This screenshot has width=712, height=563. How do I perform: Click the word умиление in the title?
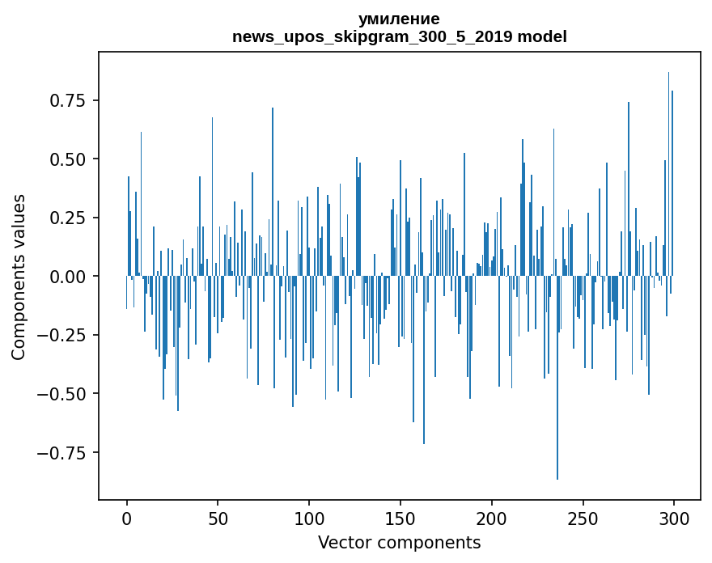[x=399, y=19]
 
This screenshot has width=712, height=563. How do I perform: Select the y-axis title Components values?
[x=19, y=277]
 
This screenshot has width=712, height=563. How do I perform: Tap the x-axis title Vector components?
[x=399, y=543]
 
